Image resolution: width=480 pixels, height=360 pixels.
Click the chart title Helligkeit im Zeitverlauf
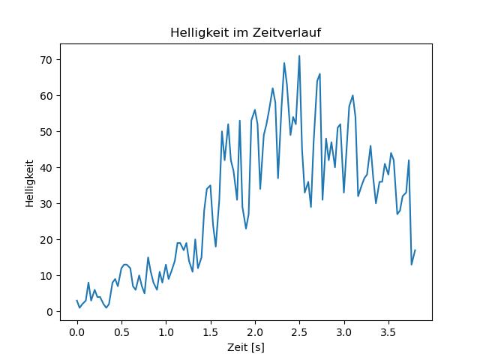point(245,32)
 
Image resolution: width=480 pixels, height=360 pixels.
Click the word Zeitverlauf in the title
point(286,32)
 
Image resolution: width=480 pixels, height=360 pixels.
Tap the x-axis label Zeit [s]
point(246,347)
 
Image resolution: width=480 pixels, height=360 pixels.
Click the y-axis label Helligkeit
point(30,184)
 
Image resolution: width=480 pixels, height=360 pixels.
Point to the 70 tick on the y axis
point(46,60)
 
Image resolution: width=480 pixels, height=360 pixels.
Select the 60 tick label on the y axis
point(46,96)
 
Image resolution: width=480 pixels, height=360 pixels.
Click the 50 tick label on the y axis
point(46,132)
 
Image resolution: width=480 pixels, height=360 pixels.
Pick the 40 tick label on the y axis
point(46,168)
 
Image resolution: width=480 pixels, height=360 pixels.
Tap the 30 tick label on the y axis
point(46,204)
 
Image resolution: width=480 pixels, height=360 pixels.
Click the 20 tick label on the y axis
point(46,240)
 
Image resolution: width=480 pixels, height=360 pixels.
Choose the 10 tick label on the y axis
point(46,276)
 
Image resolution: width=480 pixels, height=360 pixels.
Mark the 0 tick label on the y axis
point(49,312)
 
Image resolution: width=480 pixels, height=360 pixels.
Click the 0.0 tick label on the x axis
point(77,332)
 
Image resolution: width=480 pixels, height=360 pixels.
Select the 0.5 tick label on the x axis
point(121,332)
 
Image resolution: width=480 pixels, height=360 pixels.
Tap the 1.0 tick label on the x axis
point(166,332)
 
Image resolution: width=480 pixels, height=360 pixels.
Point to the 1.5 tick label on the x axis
point(211,332)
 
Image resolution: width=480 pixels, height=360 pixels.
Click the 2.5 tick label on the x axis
point(300,332)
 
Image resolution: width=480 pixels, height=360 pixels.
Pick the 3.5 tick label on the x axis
point(388,332)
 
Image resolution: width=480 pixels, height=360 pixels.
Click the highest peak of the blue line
point(299,55)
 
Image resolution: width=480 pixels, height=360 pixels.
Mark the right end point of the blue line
point(415,250)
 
